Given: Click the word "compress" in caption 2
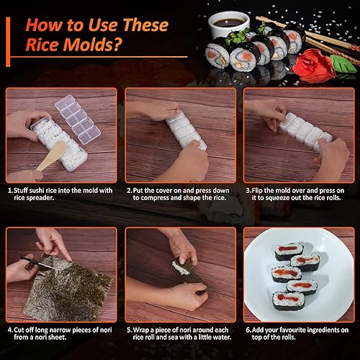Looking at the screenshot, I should point(146,199).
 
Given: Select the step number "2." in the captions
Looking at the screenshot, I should point(130,190).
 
